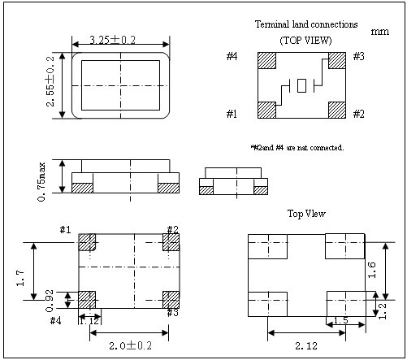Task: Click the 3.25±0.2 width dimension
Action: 112,40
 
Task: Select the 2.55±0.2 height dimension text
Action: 50,81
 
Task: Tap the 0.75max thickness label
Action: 41,182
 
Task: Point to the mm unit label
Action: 379,32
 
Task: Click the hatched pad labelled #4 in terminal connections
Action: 266,61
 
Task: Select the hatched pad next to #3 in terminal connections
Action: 337,61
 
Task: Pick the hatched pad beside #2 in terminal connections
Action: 337,110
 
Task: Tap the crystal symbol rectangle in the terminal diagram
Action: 301,85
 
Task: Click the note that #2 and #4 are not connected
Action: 297,148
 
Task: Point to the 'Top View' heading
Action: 306,214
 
